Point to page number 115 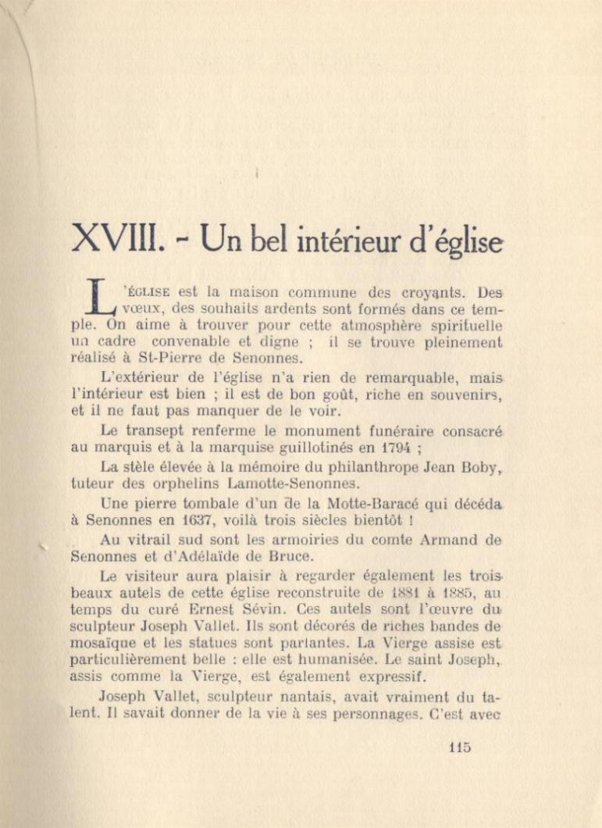[x=460, y=747]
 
